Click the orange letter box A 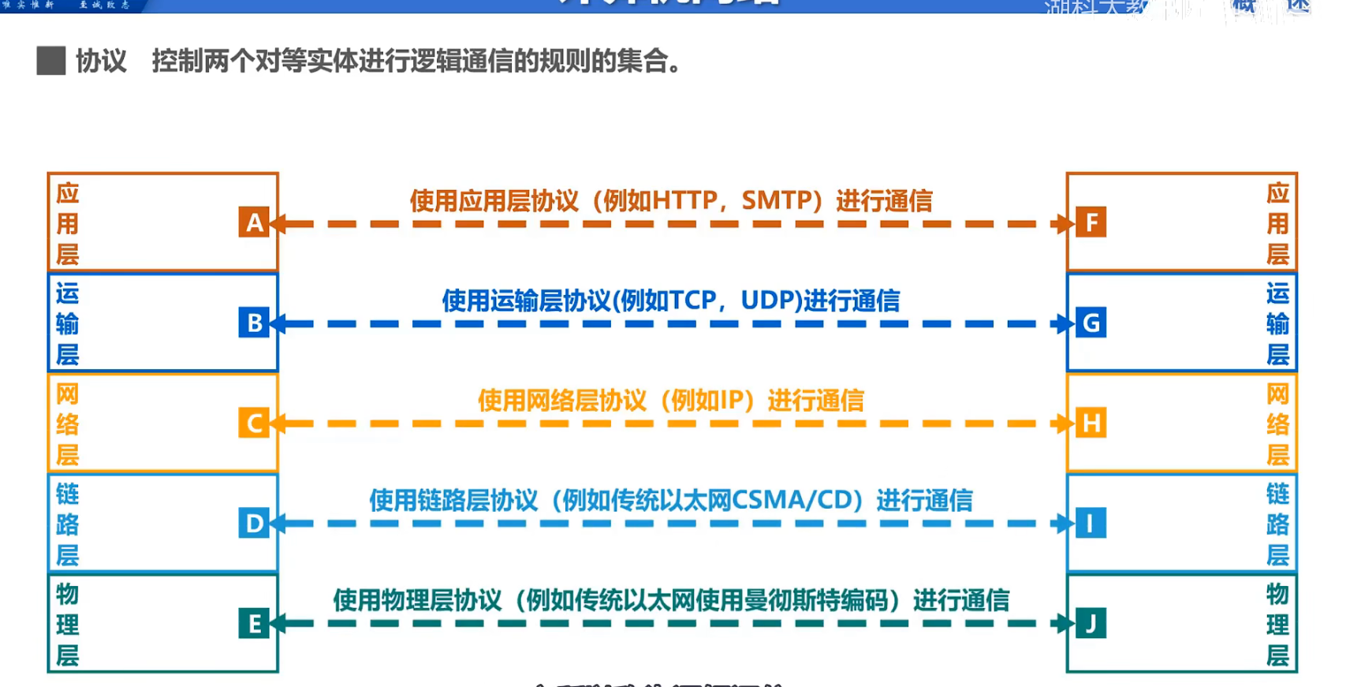coord(254,222)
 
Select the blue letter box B coord(254,323)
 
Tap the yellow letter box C coord(254,423)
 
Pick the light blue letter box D coord(254,523)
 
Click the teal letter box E coord(254,623)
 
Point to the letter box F coord(1091,222)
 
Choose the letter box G coord(1091,323)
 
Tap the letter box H coord(1091,423)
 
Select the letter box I coord(1091,523)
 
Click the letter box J coord(1091,623)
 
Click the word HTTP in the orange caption coord(684,200)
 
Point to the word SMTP coord(777,200)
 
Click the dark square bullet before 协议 coord(51,61)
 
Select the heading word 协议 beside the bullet coord(101,61)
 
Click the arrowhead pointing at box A coord(278,224)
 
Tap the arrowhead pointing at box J coord(1067,623)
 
